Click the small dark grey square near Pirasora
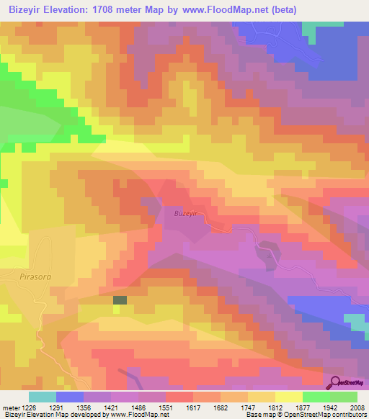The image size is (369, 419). [120, 300]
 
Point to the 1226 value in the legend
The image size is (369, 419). [40, 406]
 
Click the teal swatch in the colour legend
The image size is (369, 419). [43, 396]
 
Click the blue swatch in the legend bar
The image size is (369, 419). [70, 396]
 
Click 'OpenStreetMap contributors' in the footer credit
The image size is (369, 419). [329, 415]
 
